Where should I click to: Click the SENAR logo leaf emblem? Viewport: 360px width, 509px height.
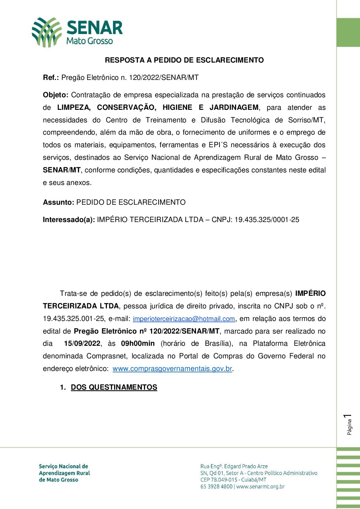(x=46, y=32)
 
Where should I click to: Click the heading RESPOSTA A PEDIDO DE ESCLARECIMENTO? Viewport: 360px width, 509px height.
(x=184, y=60)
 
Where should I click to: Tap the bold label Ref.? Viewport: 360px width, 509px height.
(x=51, y=78)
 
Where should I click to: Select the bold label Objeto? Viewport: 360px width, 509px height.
(x=56, y=95)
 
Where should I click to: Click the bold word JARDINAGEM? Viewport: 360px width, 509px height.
(x=234, y=107)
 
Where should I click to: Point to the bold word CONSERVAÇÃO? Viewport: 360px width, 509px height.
(x=126, y=107)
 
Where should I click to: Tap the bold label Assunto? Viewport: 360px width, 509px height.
(x=59, y=202)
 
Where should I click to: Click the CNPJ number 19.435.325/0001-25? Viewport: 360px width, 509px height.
(x=267, y=220)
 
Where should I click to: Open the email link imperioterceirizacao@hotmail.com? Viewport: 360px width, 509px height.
(x=184, y=319)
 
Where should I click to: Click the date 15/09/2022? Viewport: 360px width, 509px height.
(x=82, y=343)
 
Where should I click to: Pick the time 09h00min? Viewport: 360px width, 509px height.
(x=138, y=343)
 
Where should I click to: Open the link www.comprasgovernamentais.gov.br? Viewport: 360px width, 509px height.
(x=172, y=369)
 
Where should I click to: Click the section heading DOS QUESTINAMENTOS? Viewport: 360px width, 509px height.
(x=114, y=387)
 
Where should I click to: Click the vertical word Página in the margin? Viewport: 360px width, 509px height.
(x=349, y=427)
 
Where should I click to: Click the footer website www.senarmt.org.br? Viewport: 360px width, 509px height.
(x=260, y=487)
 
